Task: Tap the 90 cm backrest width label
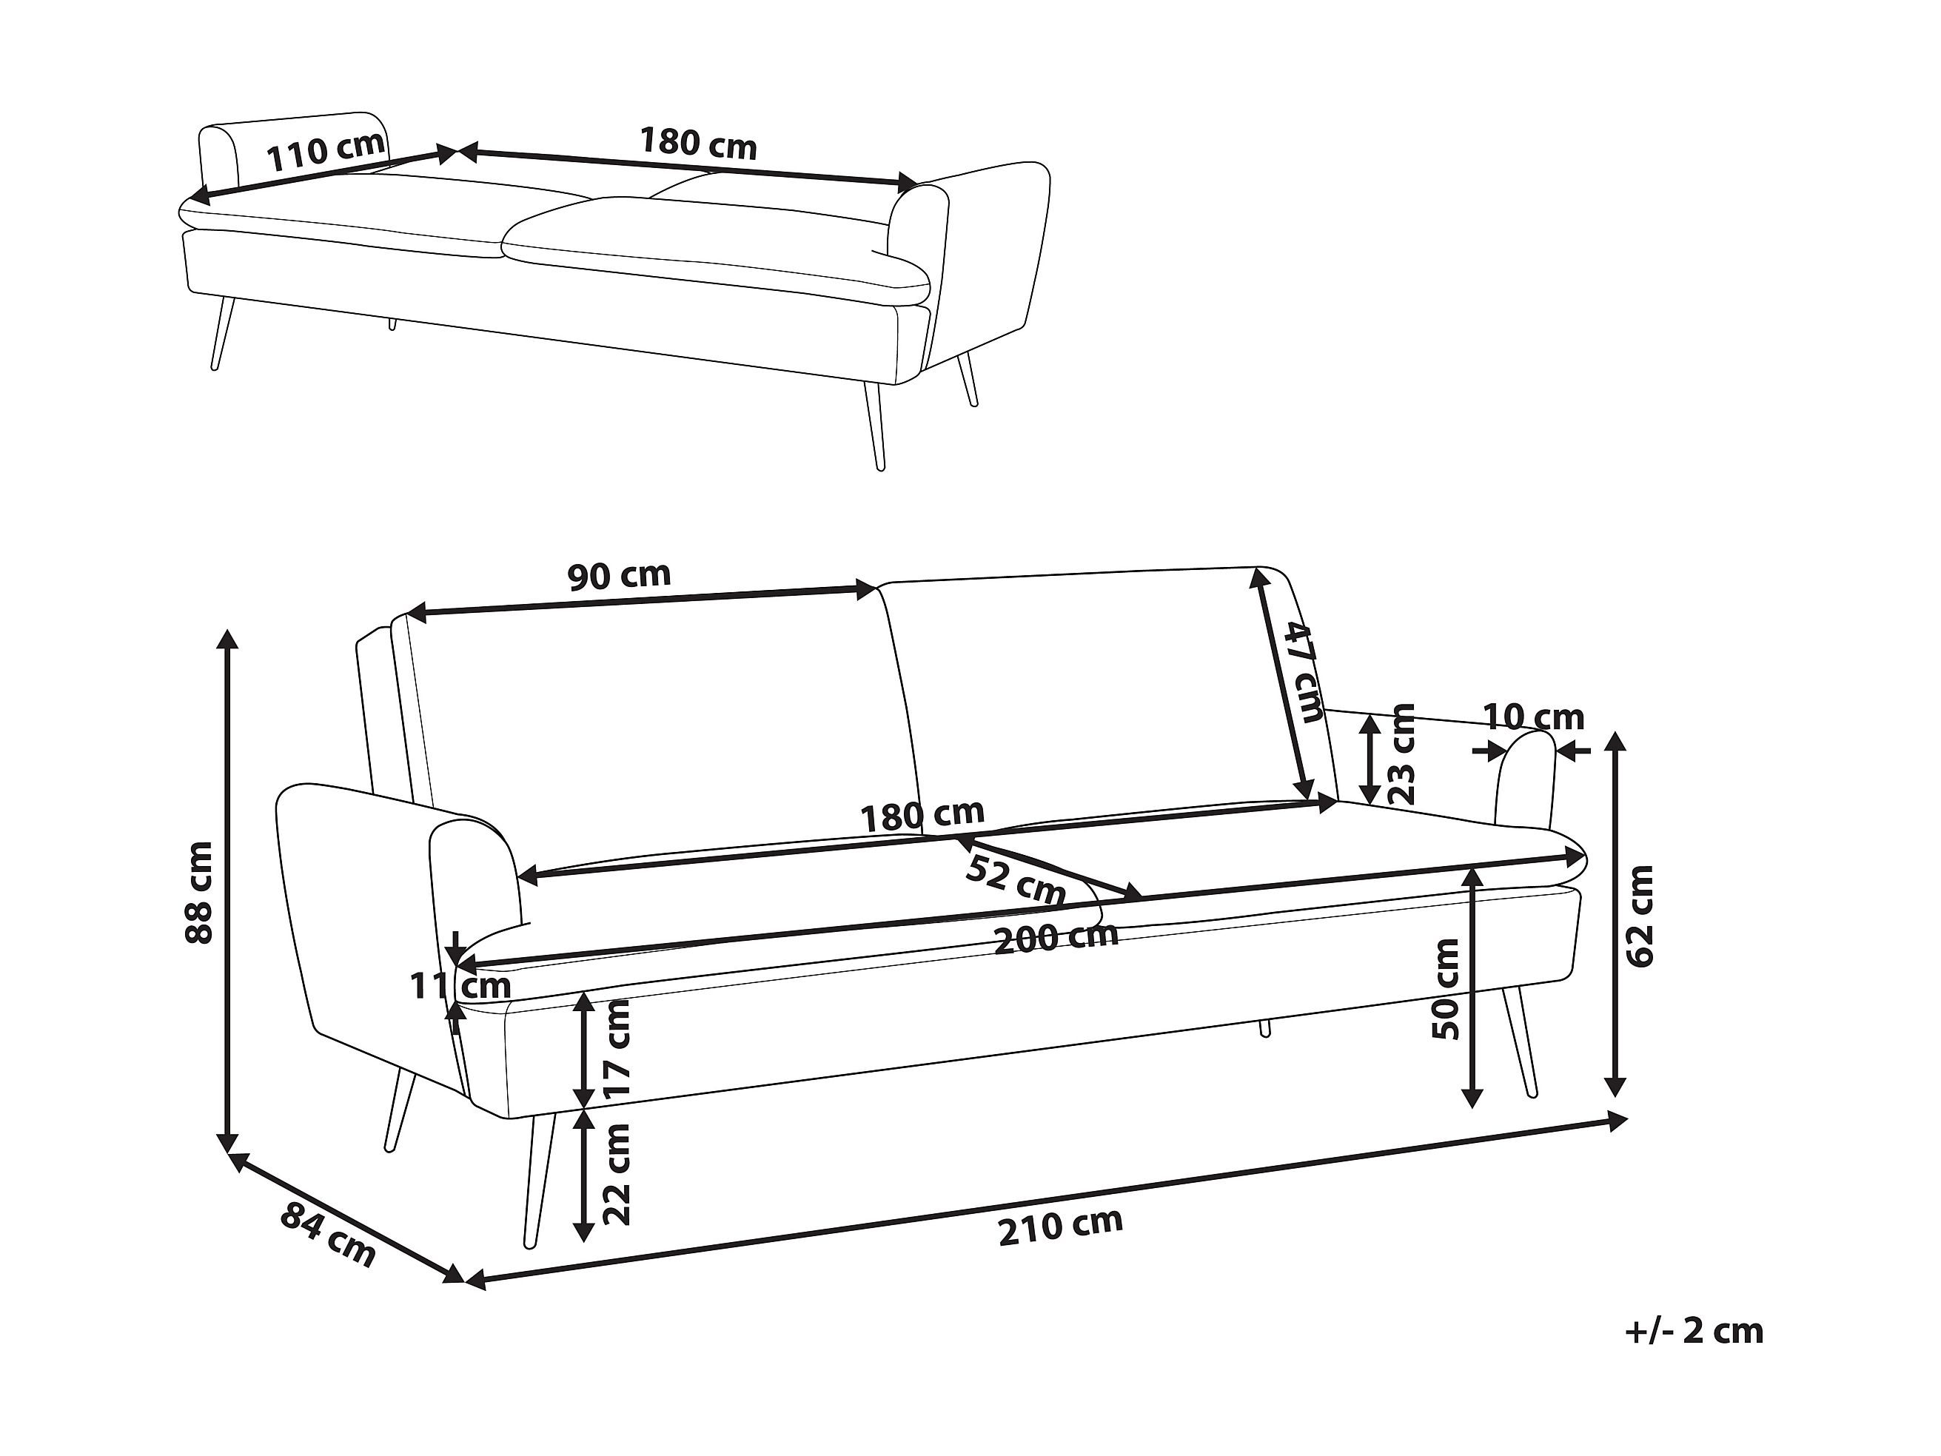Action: click(x=619, y=576)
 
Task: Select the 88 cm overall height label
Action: click(x=200, y=892)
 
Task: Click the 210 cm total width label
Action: click(x=1060, y=1226)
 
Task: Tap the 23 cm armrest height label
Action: click(x=1403, y=754)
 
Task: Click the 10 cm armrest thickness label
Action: click(x=1533, y=718)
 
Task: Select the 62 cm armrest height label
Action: click(x=1638, y=916)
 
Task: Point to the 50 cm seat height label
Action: click(x=1444, y=989)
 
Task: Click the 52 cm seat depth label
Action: click(x=1015, y=880)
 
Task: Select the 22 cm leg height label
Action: click(x=617, y=1174)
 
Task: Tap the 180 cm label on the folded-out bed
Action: click(x=697, y=143)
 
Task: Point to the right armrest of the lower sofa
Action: click(x=1524, y=781)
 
